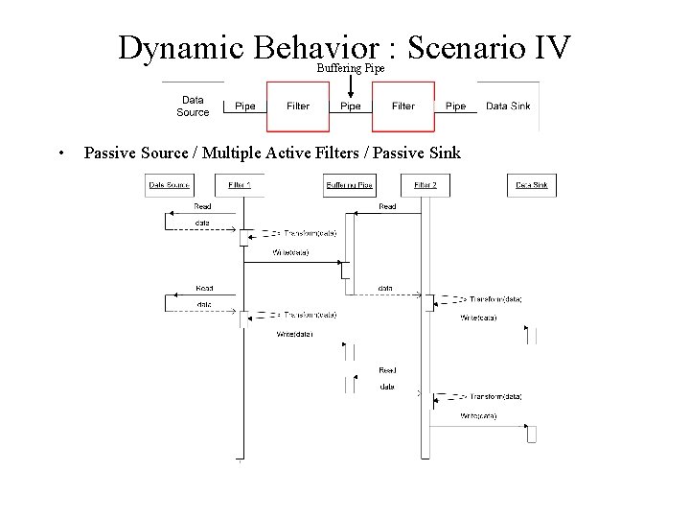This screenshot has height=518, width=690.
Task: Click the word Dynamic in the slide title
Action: (182, 48)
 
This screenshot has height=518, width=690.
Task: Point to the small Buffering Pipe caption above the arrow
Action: (351, 69)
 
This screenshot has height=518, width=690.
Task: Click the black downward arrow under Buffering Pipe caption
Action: (351, 86)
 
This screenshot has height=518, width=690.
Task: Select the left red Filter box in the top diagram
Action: (298, 106)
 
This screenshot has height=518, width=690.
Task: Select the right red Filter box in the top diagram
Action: (403, 106)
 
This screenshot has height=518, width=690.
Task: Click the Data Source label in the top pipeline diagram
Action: (193, 106)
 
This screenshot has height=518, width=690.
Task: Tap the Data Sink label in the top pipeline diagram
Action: (508, 106)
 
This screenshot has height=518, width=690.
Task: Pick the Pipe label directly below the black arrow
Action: (351, 106)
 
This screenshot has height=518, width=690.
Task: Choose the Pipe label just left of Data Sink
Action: (456, 106)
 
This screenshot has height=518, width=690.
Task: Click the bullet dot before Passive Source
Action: (60, 153)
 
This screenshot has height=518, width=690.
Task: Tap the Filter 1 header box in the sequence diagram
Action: (240, 184)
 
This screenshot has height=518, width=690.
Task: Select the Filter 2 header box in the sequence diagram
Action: (425, 184)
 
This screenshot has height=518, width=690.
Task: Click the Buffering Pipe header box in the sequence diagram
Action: (350, 184)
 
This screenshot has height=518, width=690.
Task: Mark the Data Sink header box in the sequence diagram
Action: (532, 184)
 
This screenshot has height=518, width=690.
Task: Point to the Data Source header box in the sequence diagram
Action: (168, 184)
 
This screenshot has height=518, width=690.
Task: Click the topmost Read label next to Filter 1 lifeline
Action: (203, 206)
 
